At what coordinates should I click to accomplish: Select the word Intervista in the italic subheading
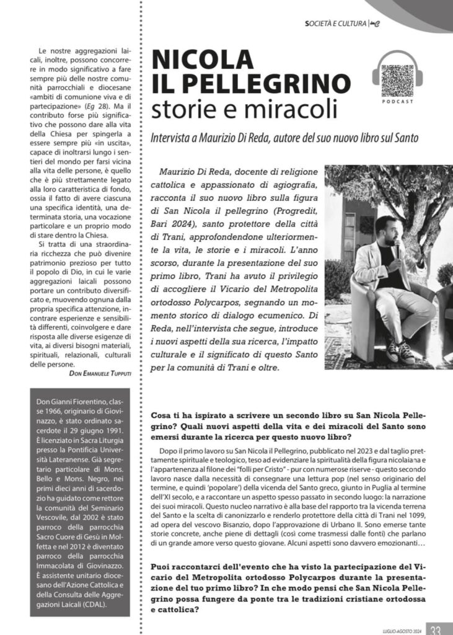(170, 136)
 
